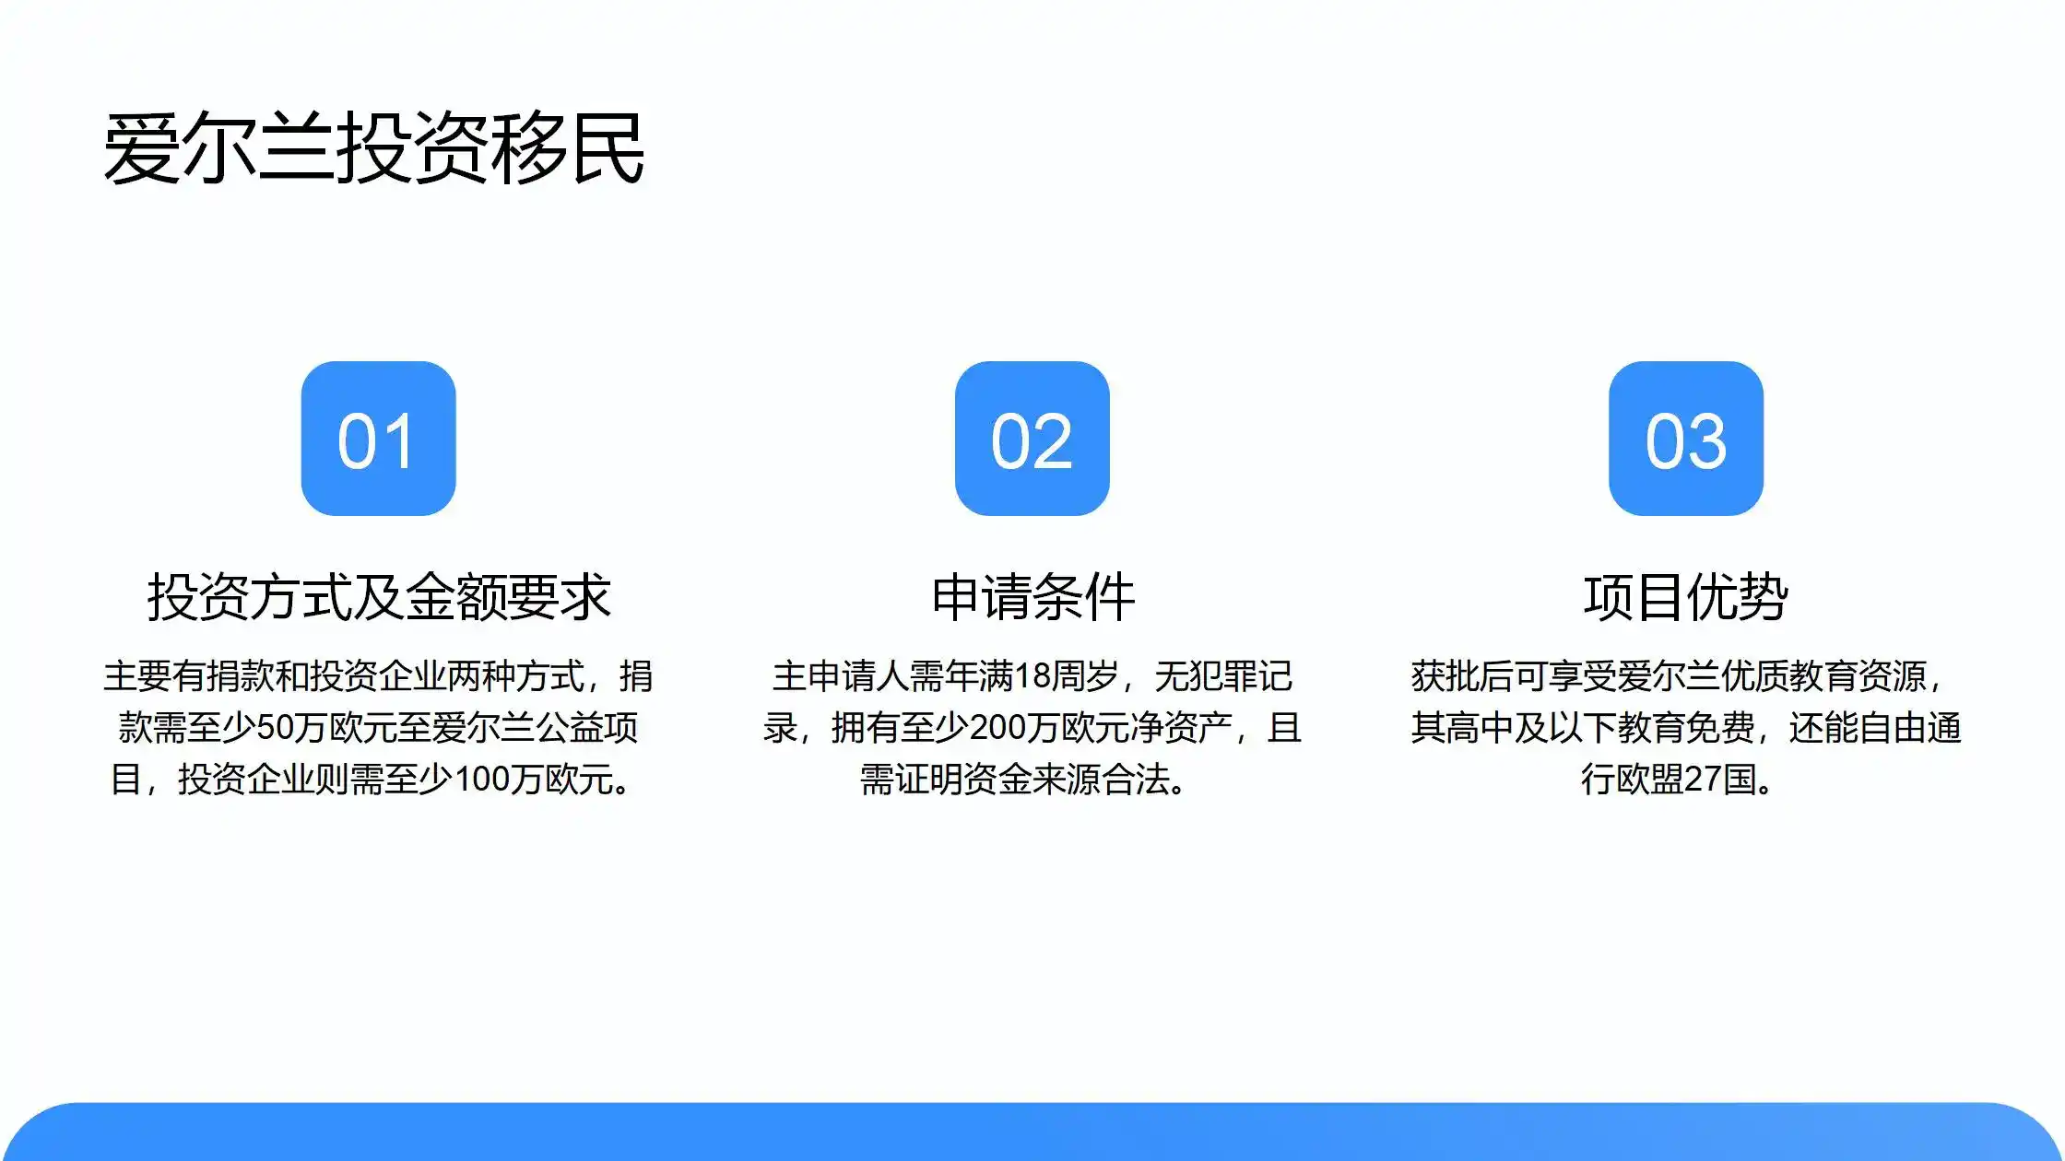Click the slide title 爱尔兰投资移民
coord(373,149)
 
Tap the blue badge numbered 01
coord(378,439)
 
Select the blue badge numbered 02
coord(1032,439)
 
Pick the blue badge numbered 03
coord(1685,439)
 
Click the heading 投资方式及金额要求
coord(378,597)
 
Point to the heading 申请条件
coord(1032,597)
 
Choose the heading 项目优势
coord(1685,597)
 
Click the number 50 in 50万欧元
coord(274,728)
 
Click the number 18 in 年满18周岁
coord(1032,676)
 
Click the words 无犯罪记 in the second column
coord(1222,676)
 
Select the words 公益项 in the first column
coord(586,728)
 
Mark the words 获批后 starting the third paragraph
coord(1462,676)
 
